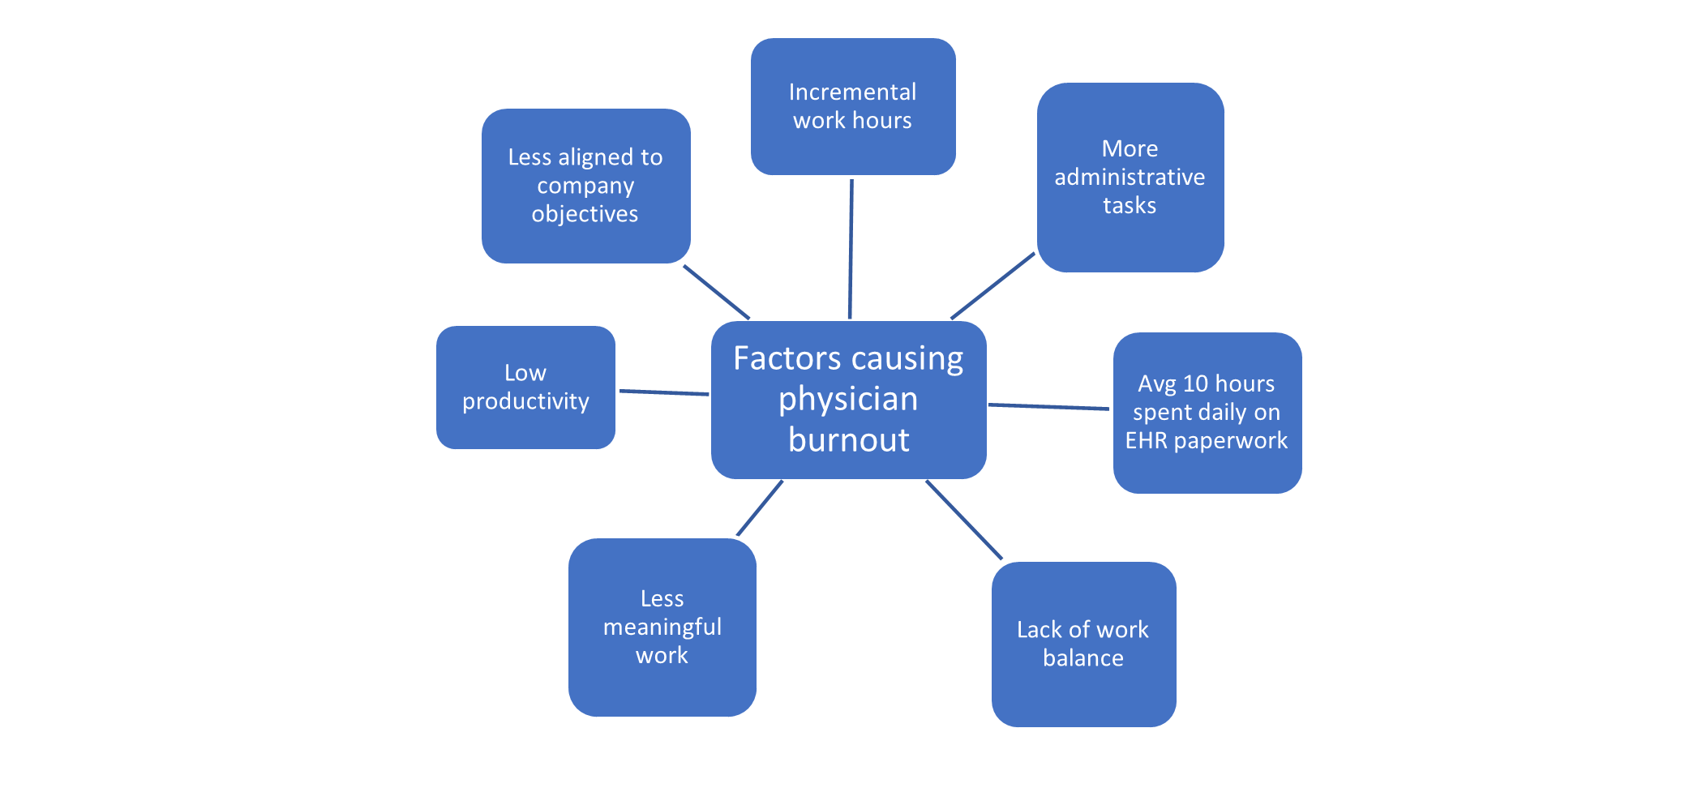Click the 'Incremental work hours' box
[x=852, y=106]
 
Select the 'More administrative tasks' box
[x=1130, y=178]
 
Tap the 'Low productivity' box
[x=525, y=388]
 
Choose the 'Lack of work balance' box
[x=1083, y=645]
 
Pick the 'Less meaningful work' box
[x=662, y=627]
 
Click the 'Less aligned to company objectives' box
[x=585, y=186]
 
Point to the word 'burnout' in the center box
[x=848, y=440]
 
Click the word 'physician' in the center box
[x=848, y=399]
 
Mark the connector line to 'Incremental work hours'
[x=851, y=247]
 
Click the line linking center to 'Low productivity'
[x=663, y=392]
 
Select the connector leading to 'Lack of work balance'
[x=964, y=520]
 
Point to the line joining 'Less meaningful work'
[x=760, y=507]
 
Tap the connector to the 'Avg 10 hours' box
[x=1048, y=406]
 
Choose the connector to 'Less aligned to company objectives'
[x=715, y=292]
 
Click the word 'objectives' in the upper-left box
[x=585, y=214]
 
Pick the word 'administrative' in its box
[x=1130, y=178]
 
